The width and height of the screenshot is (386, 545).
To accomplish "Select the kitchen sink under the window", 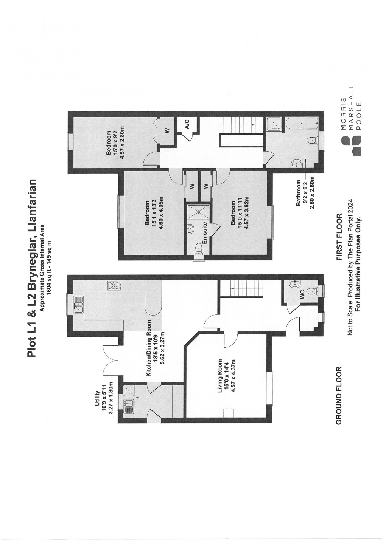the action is [x=78, y=304].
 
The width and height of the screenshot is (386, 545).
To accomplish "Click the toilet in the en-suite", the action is [x=199, y=248].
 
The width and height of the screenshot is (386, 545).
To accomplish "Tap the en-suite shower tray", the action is [x=198, y=211].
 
